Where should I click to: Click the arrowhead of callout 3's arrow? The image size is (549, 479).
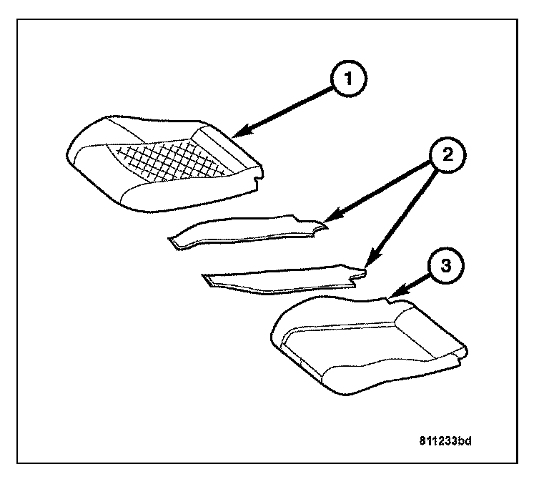(390, 295)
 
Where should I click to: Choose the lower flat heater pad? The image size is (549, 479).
(279, 281)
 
